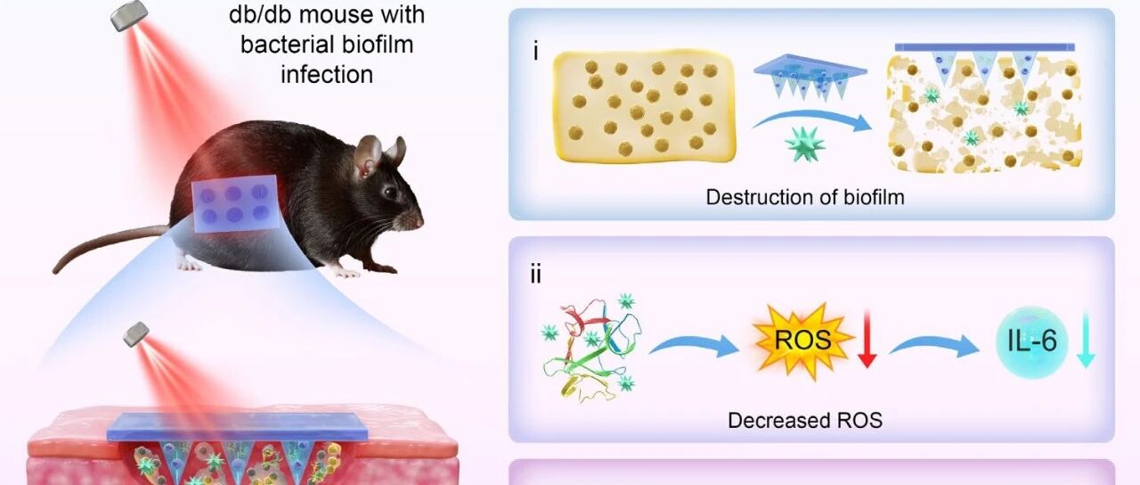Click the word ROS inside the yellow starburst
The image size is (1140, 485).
tap(802, 341)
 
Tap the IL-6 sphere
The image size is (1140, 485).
tap(1031, 341)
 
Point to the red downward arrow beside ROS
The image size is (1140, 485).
tap(867, 340)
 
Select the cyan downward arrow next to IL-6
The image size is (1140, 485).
tap(1086, 341)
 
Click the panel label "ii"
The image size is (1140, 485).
tap(535, 275)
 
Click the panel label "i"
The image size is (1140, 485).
tap(535, 52)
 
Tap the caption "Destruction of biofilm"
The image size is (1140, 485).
tap(805, 197)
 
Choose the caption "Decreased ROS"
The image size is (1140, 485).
tap(805, 420)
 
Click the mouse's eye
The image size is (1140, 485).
tap(390, 193)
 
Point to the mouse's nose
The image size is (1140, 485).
tap(419, 222)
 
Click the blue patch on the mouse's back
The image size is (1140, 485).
tap(236, 203)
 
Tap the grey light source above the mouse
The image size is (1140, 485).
tap(129, 15)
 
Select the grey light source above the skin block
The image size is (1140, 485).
tap(136, 334)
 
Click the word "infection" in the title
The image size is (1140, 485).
tap(327, 74)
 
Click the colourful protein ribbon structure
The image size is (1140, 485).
tap(591, 348)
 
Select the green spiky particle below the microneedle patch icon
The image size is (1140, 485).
tap(805, 144)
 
